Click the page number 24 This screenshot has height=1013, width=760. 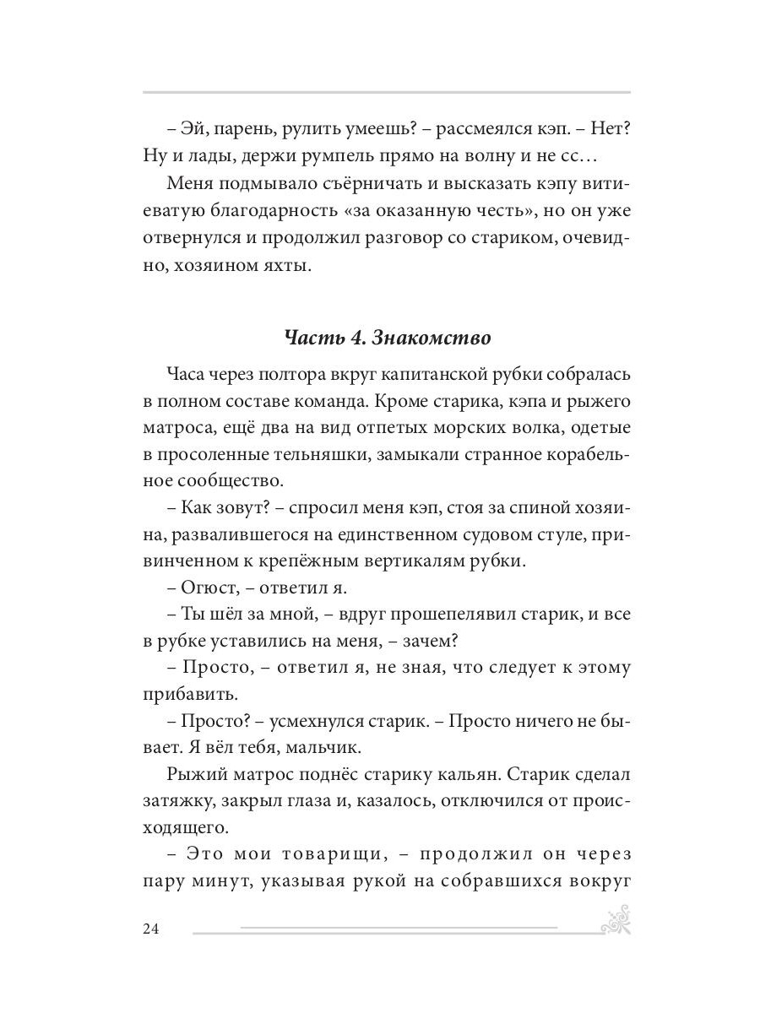pos(151,929)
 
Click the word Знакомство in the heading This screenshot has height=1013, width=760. pos(443,338)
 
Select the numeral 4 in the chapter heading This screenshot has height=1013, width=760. pos(355,338)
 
